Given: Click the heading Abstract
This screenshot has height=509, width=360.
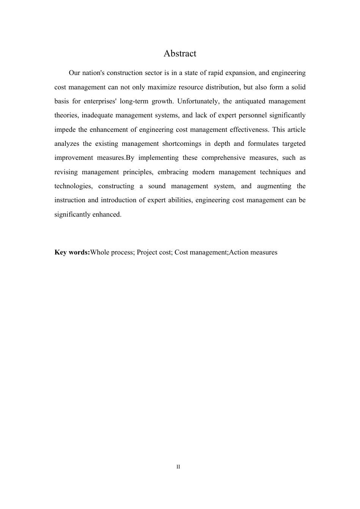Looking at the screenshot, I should pos(180,53).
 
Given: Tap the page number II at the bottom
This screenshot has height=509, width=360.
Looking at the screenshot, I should pos(178,467).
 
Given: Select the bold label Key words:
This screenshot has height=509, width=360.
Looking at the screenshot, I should pos(72,252).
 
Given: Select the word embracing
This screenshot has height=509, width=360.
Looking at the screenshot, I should pos(173,172).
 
